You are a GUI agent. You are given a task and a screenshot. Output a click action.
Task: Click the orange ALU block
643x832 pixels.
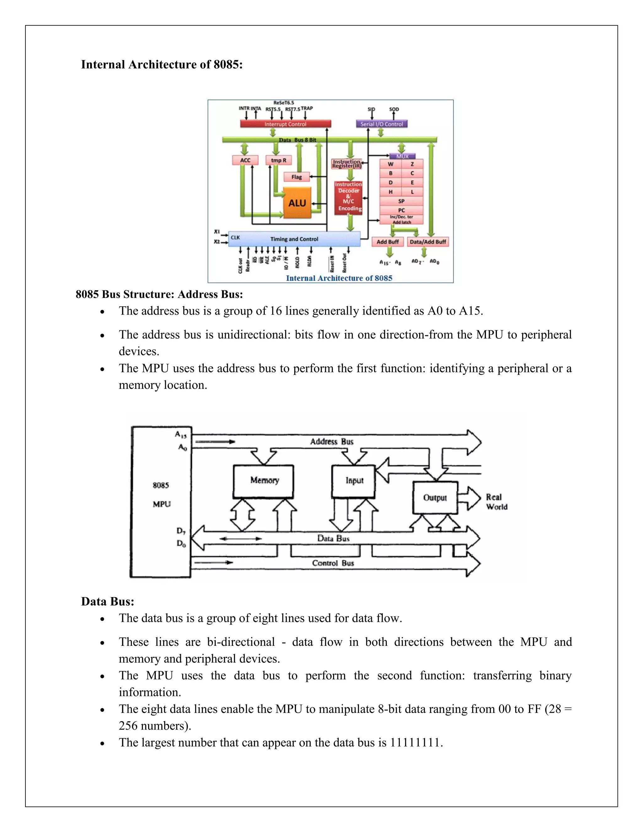coord(297,203)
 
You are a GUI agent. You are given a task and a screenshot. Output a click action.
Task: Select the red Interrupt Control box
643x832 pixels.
coord(285,124)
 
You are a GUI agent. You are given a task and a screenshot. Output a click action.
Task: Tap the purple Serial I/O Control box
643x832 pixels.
coord(381,124)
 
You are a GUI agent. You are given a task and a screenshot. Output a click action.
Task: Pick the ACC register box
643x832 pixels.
coord(245,160)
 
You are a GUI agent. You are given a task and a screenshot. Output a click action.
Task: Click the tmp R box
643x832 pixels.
coord(278,160)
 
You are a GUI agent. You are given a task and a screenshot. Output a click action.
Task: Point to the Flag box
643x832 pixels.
coord(296,177)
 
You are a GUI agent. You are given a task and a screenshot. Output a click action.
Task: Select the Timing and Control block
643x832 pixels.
coord(294,239)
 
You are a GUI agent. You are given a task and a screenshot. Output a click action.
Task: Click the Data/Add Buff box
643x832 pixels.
coord(428,241)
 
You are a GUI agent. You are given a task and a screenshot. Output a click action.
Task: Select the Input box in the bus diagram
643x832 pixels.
coord(354,481)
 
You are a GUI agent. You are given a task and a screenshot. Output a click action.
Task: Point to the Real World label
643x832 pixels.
coord(496,502)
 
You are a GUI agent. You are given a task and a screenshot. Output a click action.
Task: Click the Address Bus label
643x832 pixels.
coord(332,441)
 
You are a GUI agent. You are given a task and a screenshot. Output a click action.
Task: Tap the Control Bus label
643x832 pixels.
coord(333,563)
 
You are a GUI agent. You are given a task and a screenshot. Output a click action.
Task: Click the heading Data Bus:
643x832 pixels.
coord(108,601)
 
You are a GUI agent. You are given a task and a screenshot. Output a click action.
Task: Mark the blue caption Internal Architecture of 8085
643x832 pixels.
coord(339,278)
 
